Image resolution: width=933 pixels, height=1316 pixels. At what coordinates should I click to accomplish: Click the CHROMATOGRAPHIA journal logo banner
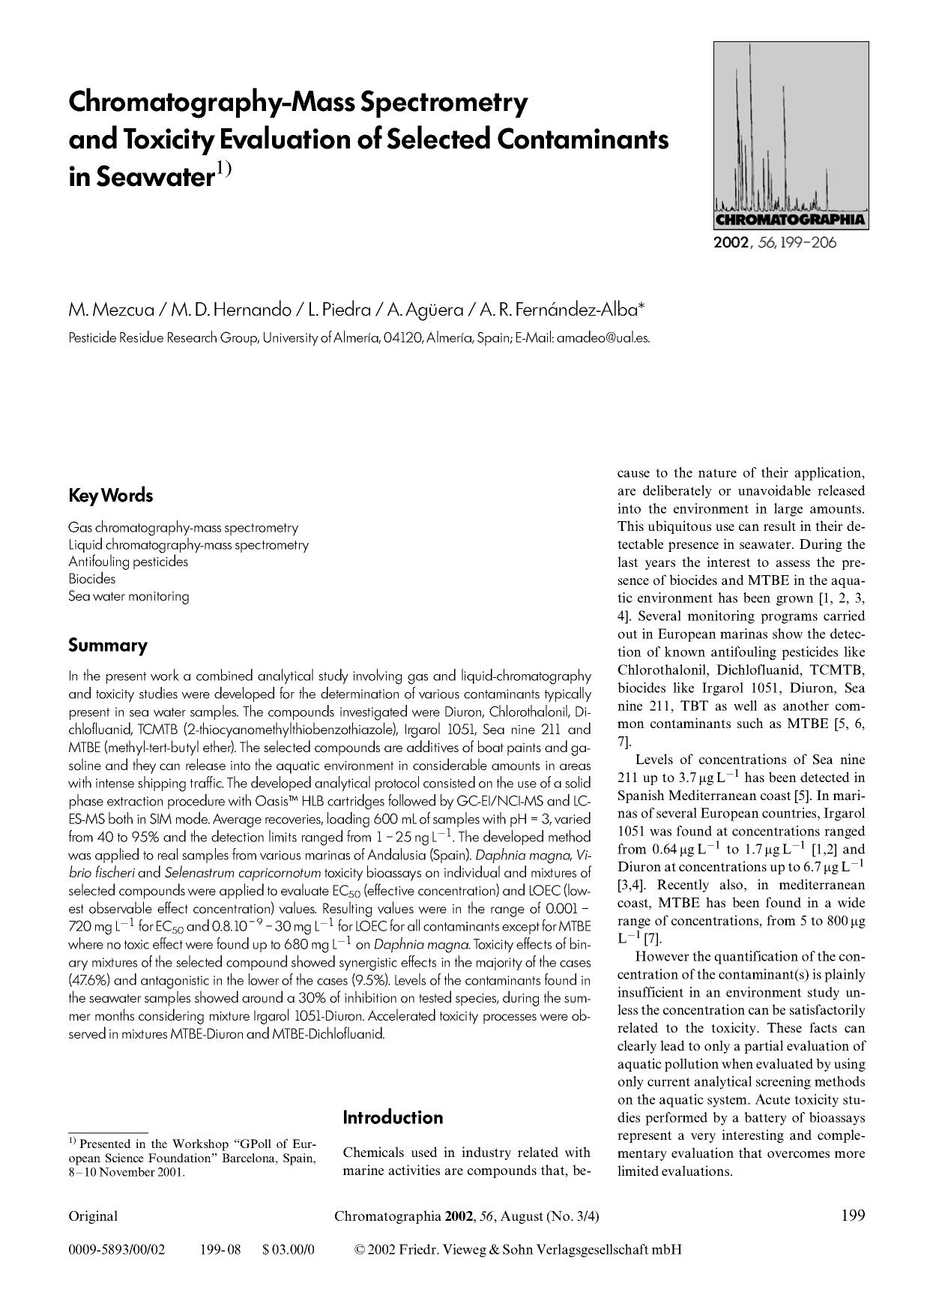(x=791, y=220)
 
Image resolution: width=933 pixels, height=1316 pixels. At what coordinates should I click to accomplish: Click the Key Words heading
(x=110, y=496)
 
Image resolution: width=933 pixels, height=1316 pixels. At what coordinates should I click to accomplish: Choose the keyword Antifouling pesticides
(x=128, y=562)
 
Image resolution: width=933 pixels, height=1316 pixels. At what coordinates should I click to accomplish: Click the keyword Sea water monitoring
(x=128, y=596)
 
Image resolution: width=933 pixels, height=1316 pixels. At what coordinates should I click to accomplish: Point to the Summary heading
(x=107, y=645)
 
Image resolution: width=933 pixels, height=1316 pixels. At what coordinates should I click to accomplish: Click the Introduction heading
(x=393, y=1117)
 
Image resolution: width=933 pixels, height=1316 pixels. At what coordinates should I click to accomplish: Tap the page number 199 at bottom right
(x=853, y=1216)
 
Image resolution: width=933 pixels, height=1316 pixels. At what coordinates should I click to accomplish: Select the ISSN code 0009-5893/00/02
(x=116, y=1250)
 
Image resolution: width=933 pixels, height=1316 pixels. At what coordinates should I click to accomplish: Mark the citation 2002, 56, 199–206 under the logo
(x=776, y=243)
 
